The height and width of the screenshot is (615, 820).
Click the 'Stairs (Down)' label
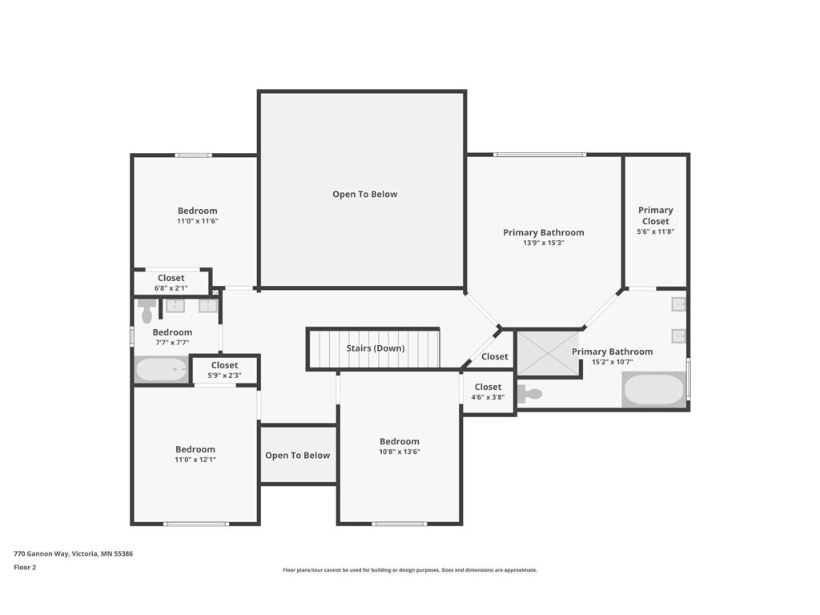(376, 348)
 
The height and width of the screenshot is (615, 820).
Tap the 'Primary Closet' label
(655, 215)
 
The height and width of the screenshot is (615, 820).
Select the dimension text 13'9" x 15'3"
(544, 243)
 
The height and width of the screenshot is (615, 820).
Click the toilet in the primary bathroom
(529, 394)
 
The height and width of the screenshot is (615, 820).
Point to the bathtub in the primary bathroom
(653, 390)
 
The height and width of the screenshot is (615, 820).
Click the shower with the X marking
(549, 353)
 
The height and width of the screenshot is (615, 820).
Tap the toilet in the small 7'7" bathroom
(147, 312)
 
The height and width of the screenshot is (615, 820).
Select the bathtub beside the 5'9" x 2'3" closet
(161, 370)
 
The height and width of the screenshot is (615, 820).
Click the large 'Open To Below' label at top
(365, 194)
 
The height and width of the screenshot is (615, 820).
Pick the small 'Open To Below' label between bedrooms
(298, 456)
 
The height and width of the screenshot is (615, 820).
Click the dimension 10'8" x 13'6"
(400, 452)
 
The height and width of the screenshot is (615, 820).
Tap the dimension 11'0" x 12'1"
(195, 460)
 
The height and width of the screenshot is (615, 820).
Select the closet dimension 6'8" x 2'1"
(171, 288)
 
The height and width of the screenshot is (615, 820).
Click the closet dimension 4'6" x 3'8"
(488, 397)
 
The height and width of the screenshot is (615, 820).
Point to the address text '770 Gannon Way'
(41, 554)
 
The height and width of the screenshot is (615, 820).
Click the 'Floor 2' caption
(25, 568)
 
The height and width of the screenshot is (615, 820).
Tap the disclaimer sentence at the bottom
(410, 570)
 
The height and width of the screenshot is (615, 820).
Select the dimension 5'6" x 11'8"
(655, 231)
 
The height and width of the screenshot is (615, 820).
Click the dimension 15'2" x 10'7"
(613, 362)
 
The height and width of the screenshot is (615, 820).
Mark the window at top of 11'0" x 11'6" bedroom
(194, 155)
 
